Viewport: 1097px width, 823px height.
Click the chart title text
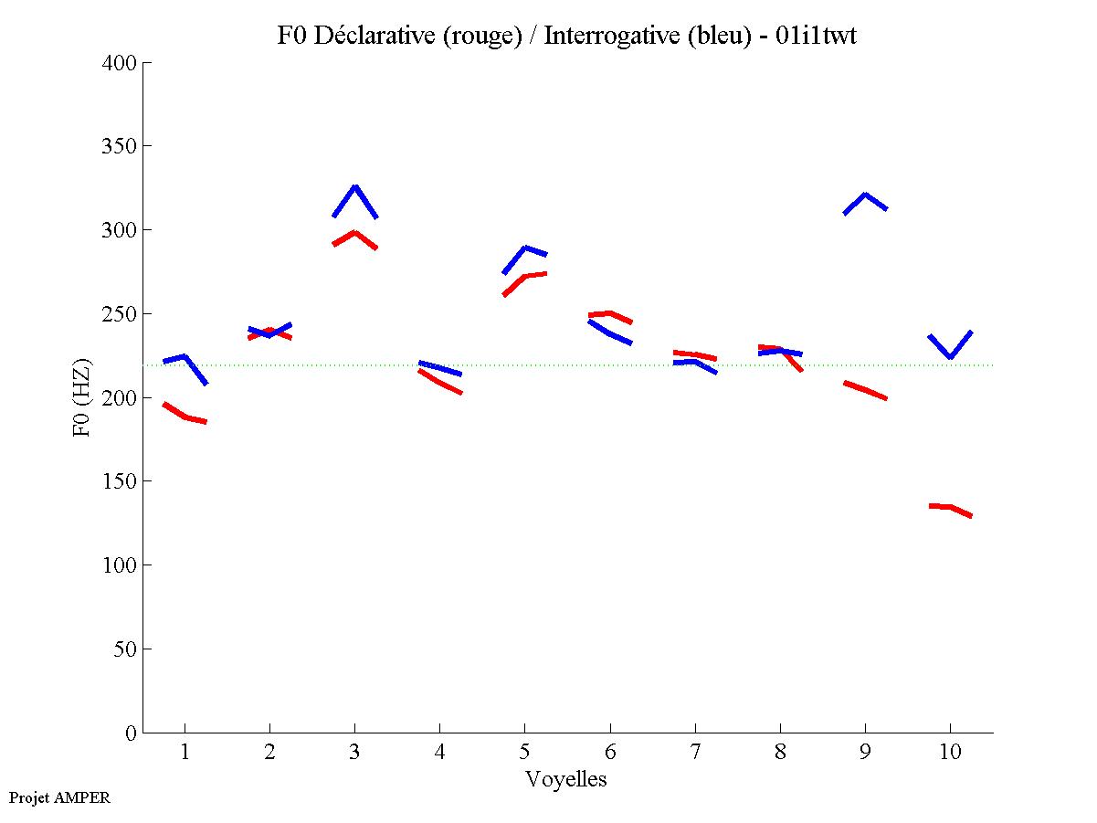(566, 36)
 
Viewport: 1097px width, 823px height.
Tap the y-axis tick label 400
(120, 63)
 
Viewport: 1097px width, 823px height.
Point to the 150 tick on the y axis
(120, 481)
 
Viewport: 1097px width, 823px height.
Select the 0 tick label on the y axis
(132, 733)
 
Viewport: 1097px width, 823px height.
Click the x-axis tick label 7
(695, 754)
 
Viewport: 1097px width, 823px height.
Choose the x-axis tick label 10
(950, 754)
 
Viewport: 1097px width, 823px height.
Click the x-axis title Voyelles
(566, 780)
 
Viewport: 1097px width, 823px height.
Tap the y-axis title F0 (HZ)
(82, 397)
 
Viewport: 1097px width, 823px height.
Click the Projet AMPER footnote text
(59, 798)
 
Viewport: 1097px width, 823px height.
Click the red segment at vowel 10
(950, 507)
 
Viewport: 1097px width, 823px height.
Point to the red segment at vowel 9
(865, 390)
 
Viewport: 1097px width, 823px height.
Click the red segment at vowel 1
(185, 417)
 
